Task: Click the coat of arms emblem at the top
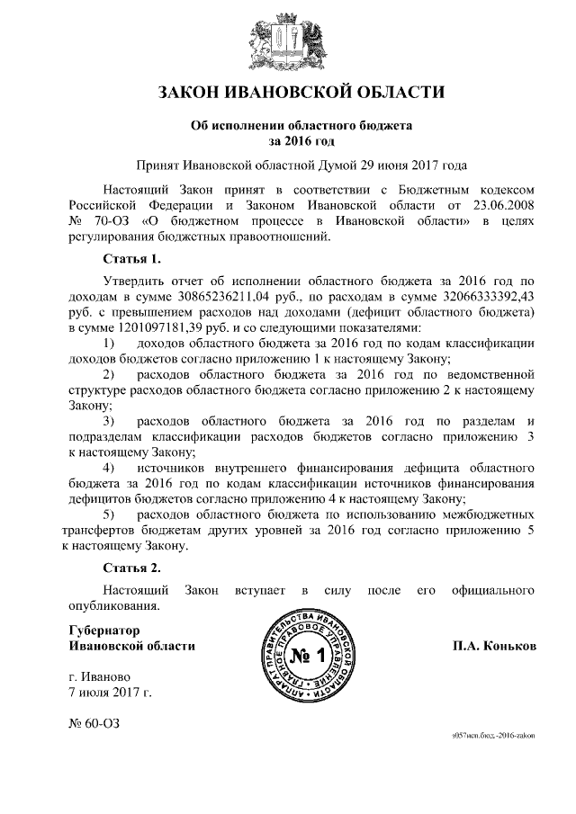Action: point(288,39)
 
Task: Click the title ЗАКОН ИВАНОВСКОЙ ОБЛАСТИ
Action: point(288,93)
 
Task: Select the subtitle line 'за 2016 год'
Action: point(289,141)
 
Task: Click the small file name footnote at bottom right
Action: point(493,735)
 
